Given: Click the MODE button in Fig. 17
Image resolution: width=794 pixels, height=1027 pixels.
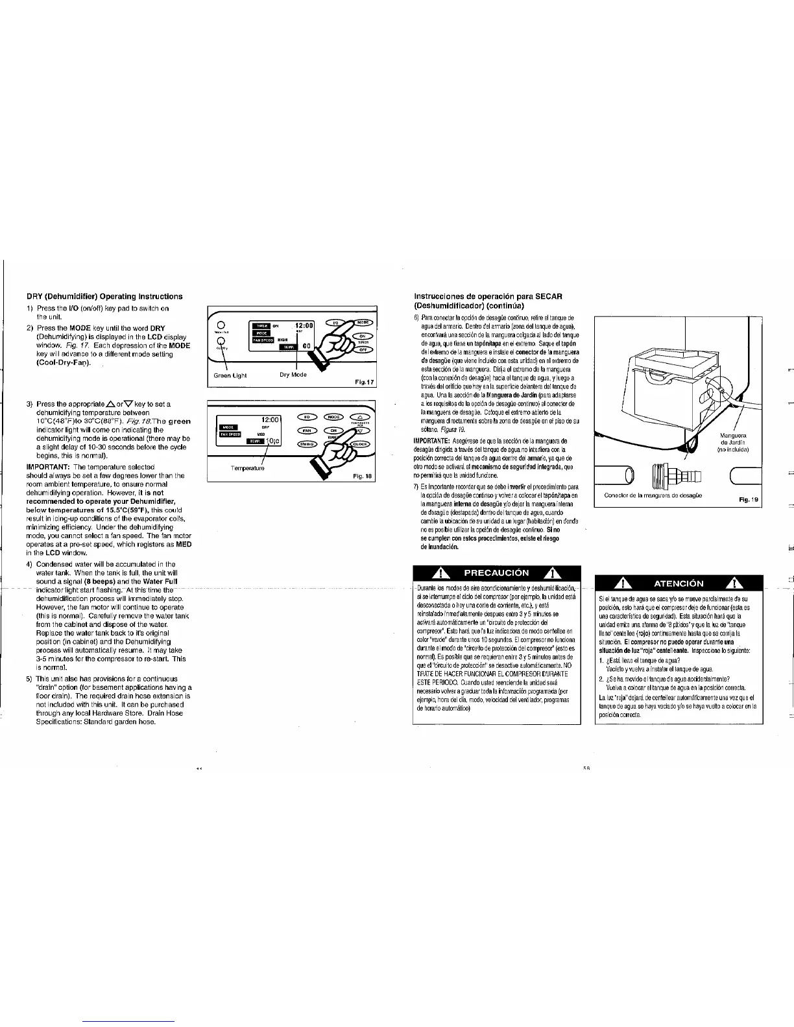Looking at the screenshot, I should click(363, 322).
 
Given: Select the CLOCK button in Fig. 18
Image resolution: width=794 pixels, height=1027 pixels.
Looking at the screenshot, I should click(360, 444).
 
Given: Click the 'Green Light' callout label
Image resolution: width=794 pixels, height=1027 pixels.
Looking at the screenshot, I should click(230, 375).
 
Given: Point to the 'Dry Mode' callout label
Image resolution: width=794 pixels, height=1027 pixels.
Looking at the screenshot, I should click(293, 375).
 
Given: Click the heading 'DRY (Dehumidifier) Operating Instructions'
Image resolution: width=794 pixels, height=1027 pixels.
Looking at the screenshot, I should click(104, 297).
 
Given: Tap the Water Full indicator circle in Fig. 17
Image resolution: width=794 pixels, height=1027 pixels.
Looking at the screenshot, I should click(221, 325).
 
